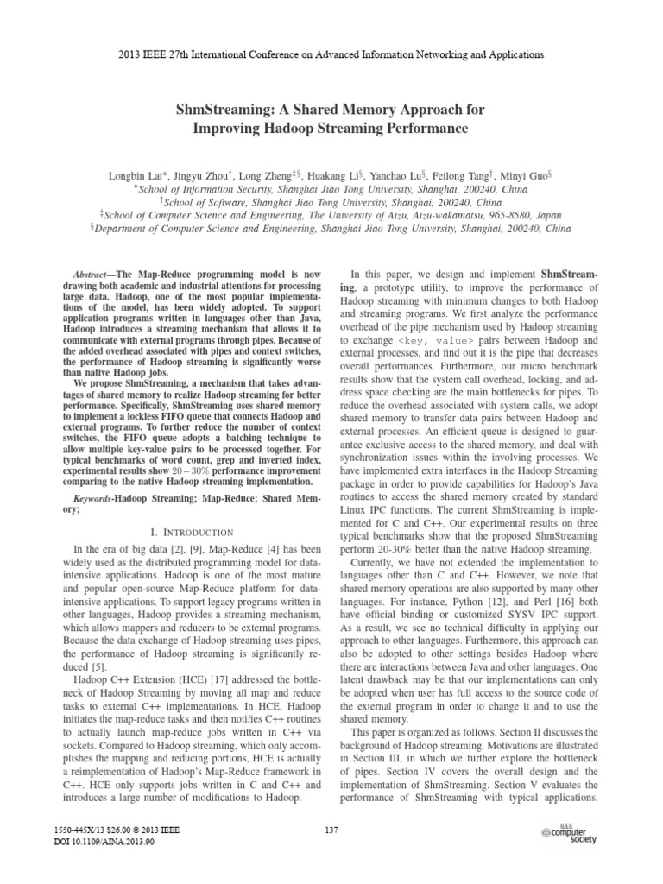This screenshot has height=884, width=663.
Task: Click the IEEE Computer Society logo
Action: pyautogui.click(x=573, y=832)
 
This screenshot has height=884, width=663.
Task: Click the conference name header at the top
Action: pyautogui.click(x=331, y=54)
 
